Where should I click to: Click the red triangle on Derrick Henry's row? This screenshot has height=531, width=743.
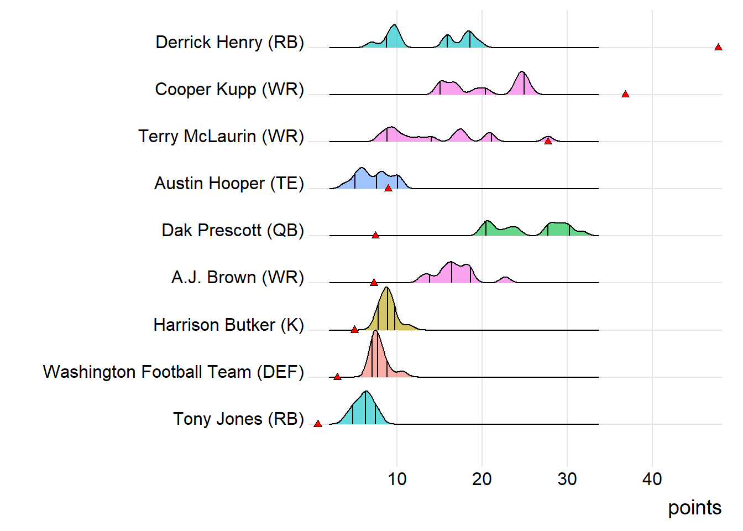pyautogui.click(x=718, y=48)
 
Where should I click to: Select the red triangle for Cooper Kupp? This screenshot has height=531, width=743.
pyautogui.click(x=625, y=95)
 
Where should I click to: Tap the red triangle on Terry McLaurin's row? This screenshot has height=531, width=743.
pyautogui.click(x=548, y=142)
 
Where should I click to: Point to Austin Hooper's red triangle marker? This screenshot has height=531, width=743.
pyautogui.click(x=388, y=189)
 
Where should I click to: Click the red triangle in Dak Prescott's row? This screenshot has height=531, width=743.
pyautogui.click(x=375, y=236)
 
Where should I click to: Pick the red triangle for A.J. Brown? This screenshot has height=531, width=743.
pyautogui.click(x=374, y=283)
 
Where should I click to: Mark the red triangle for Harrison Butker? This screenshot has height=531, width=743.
pyautogui.click(x=354, y=330)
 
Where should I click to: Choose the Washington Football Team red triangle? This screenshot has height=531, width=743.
pyautogui.click(x=337, y=377)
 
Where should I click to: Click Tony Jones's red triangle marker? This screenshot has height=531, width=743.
pyautogui.click(x=318, y=424)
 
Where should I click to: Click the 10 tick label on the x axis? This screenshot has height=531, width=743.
pyautogui.click(x=397, y=479)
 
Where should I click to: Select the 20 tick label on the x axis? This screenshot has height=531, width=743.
pyautogui.click(x=482, y=479)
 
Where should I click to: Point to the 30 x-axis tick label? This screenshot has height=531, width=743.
pyautogui.click(x=567, y=479)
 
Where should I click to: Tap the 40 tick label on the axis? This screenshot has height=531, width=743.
pyautogui.click(x=652, y=479)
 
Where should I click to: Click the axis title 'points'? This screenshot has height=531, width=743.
pyautogui.click(x=694, y=508)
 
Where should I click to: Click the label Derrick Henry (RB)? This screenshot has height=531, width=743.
pyautogui.click(x=229, y=42)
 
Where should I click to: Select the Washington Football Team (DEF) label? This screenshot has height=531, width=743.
pyautogui.click(x=174, y=372)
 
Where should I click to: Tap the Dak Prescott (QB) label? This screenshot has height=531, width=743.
pyautogui.click(x=233, y=230)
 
